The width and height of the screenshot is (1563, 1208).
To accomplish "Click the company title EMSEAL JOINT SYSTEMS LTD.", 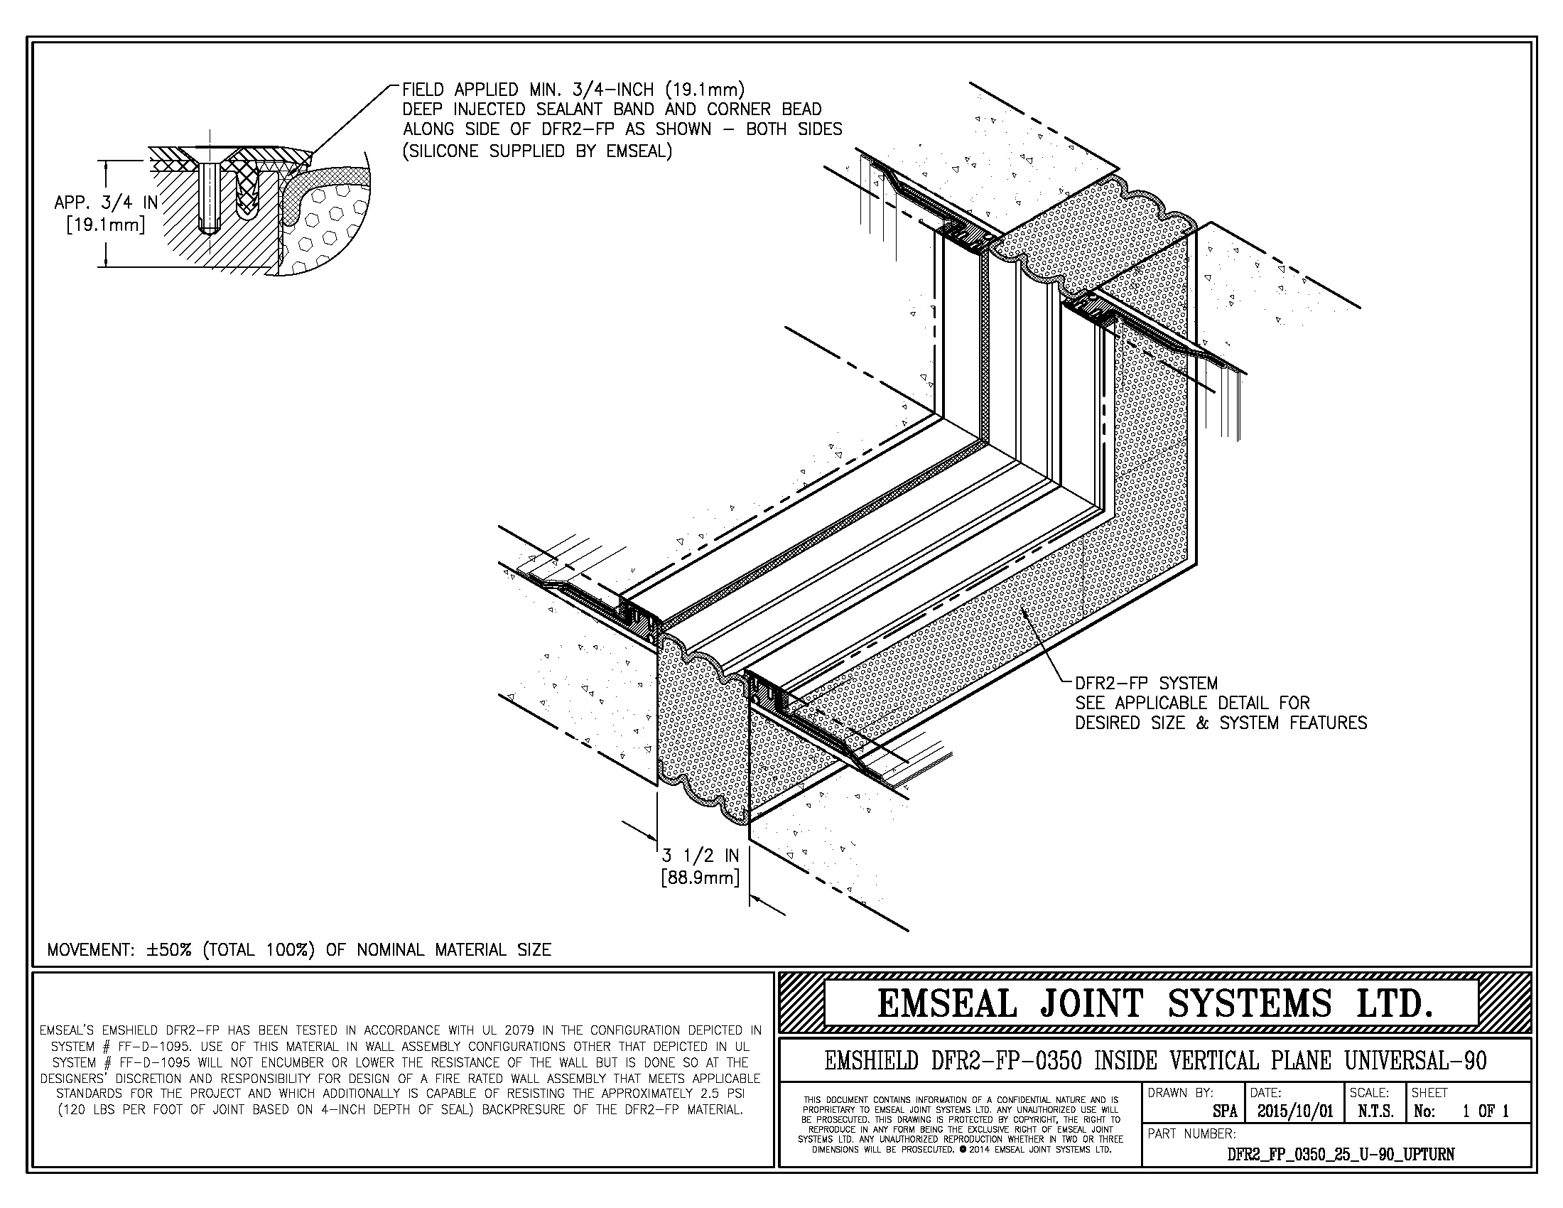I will point(1155,1003).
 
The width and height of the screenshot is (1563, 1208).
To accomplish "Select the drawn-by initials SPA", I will point(1225,1111).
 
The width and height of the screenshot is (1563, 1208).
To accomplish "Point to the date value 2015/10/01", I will point(1295,1111).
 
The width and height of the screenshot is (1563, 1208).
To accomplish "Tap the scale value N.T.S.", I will point(1375,1111).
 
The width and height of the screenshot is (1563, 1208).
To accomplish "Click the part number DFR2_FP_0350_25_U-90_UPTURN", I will point(1341,1153).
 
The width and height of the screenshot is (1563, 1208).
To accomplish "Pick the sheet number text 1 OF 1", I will point(1485,1111).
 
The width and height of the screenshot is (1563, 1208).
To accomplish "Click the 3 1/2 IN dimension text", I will point(700,855).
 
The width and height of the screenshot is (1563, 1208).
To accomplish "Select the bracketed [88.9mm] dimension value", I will point(700,877).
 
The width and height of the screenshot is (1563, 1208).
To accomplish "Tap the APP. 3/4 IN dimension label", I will point(106,203).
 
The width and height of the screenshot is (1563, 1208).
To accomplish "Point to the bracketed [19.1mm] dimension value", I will point(106,225).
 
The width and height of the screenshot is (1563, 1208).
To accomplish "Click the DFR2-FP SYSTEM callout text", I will point(1146,684).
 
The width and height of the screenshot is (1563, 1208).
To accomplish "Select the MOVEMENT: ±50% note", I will point(299,949).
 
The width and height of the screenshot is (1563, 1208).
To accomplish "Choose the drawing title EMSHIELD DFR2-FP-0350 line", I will point(1155,1061).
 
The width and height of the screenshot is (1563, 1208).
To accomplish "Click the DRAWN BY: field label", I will point(1180,1093).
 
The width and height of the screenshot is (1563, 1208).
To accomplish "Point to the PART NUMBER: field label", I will point(1191,1133).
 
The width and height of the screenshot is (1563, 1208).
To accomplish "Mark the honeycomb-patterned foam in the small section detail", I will point(325,222).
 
